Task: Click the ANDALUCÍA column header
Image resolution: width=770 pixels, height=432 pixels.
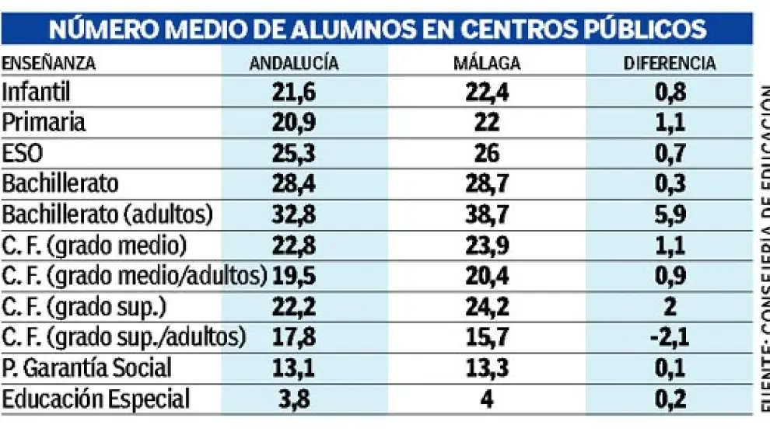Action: [x=294, y=64]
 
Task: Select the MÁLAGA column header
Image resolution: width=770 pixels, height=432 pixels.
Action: [x=486, y=64]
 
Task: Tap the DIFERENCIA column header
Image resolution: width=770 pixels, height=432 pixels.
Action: [x=669, y=64]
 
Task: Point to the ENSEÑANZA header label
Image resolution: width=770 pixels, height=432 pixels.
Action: [x=49, y=64]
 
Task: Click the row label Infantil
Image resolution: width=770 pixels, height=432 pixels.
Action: [x=37, y=92]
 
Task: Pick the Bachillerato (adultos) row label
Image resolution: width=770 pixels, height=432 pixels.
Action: [x=107, y=215]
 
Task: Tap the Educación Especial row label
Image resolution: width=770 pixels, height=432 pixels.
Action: [x=96, y=399]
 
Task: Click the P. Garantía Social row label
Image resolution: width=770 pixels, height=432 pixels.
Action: [x=86, y=368]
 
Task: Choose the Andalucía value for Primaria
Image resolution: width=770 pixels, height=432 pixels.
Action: [x=294, y=123]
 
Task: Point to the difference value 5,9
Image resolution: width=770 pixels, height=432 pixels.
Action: [x=669, y=215]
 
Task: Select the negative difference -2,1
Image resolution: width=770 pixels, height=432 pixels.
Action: [x=669, y=338]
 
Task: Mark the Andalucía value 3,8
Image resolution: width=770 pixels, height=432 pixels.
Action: [x=294, y=399]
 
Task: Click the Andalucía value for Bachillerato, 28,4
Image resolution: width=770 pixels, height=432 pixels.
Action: [x=294, y=184]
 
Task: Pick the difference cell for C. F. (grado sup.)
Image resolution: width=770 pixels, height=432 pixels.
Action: [x=669, y=307]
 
